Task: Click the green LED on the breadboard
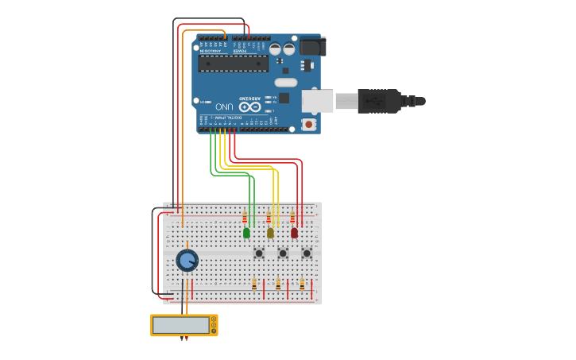click(x=246, y=233)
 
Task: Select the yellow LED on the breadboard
click(x=270, y=233)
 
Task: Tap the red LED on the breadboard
click(x=294, y=233)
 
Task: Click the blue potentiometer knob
click(x=187, y=260)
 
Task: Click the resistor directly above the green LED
click(x=245, y=219)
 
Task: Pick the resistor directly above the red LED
click(x=292, y=219)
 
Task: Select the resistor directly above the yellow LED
click(x=269, y=219)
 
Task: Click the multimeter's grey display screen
click(x=180, y=325)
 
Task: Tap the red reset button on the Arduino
click(x=308, y=124)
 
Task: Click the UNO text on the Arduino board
click(x=225, y=106)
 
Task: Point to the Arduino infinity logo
click(x=249, y=106)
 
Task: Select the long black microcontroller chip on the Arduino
click(x=233, y=64)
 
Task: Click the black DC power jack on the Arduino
click(x=311, y=48)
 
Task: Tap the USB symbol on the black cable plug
click(x=377, y=101)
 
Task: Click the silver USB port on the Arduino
click(x=317, y=101)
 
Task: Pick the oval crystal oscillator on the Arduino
click(x=286, y=83)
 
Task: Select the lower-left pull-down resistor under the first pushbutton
click(x=254, y=284)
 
